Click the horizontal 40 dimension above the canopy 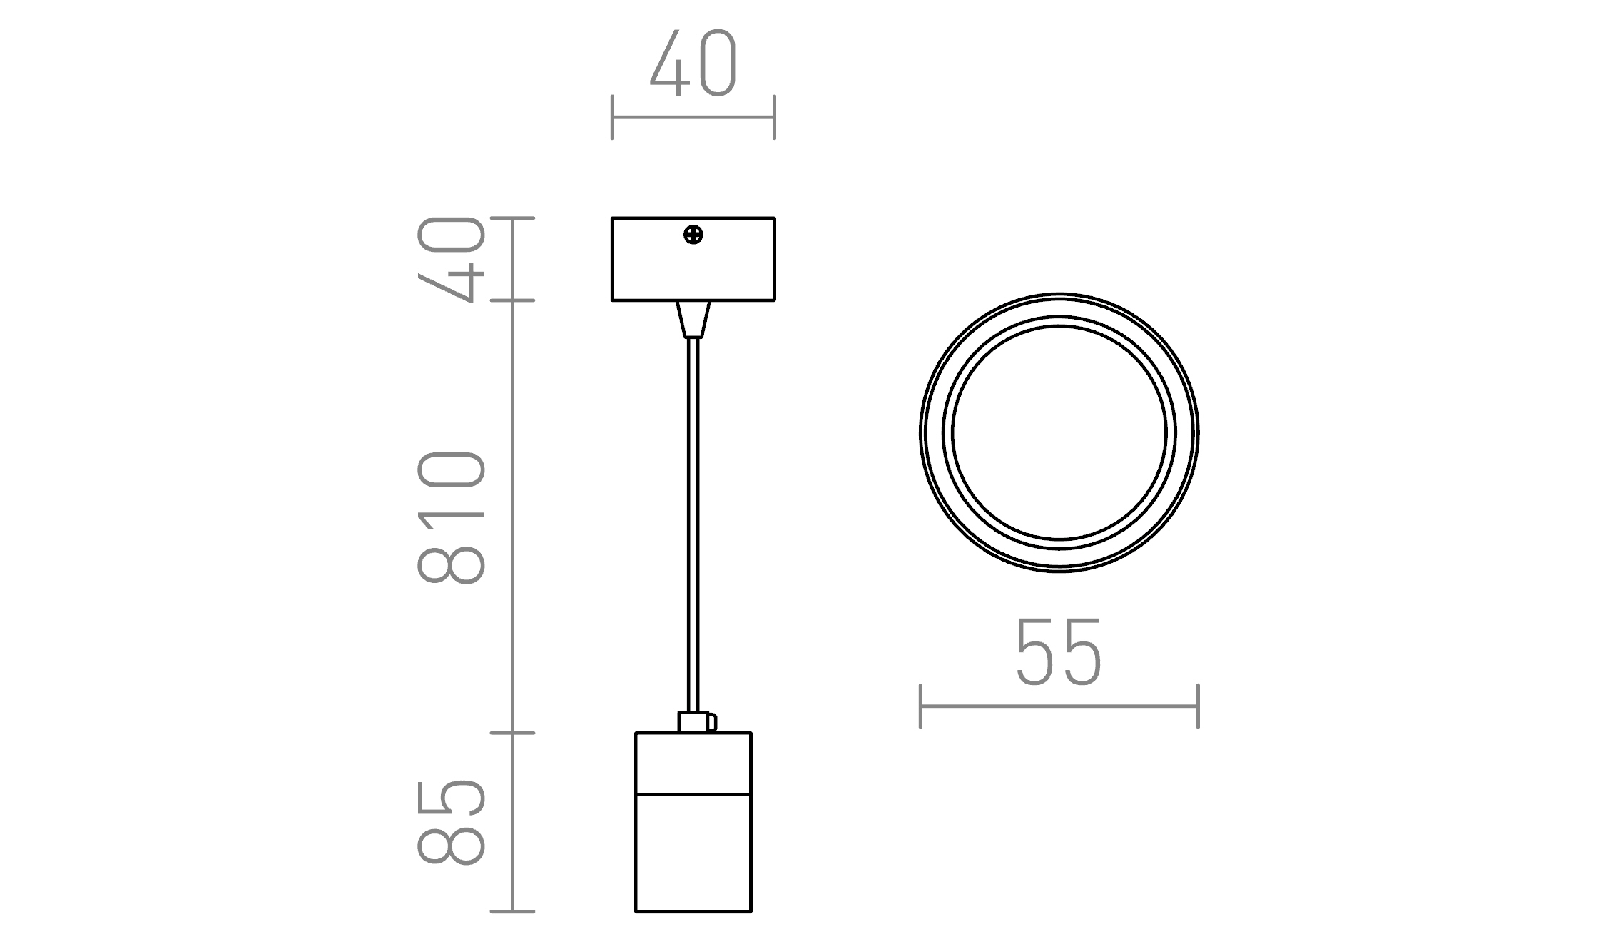[x=693, y=64]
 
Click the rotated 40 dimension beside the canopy [x=451, y=259]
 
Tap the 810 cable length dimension [x=451, y=518]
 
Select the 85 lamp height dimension [x=451, y=823]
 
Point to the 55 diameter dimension [x=1059, y=652]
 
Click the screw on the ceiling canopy [x=693, y=234]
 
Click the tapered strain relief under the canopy [x=693, y=319]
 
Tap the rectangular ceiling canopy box [x=693, y=259]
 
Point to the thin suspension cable [x=693, y=524]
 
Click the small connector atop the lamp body [x=697, y=722]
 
